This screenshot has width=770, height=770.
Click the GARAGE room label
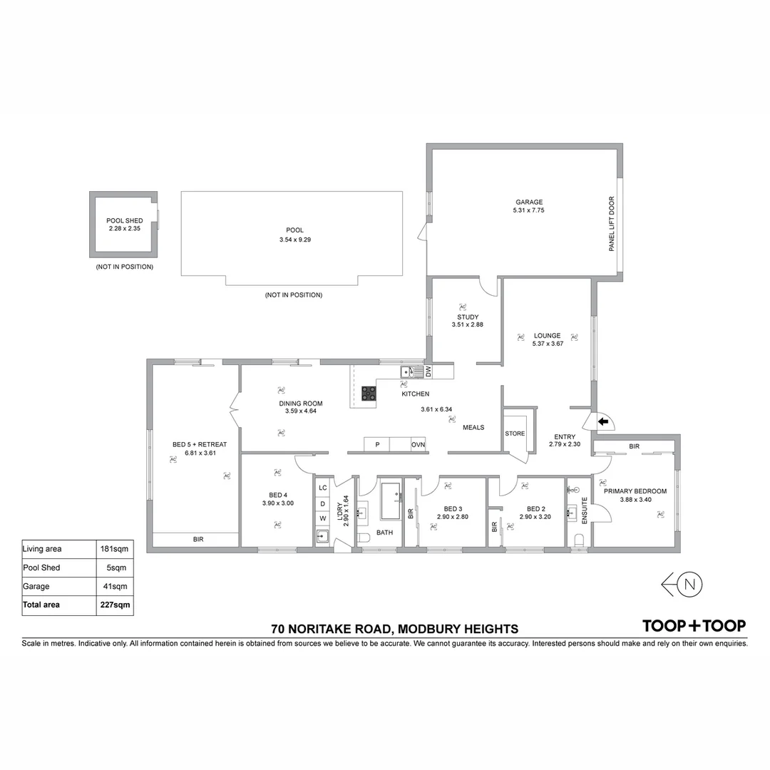click(528, 202)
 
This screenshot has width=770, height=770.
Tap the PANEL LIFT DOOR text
click(611, 224)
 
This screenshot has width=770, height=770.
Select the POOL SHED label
click(124, 220)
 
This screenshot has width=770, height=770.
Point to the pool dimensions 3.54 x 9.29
click(295, 240)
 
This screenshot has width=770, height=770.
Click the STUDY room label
click(468, 317)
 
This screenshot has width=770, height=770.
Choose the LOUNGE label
click(548, 336)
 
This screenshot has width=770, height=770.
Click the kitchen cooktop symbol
click(369, 393)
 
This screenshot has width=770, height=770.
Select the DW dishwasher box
click(428, 371)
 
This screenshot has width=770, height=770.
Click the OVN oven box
click(418, 445)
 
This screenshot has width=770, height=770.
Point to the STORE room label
click(515, 433)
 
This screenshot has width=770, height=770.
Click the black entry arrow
click(603, 421)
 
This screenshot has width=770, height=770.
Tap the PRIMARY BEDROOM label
click(635, 491)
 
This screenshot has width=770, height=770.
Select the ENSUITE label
click(585, 510)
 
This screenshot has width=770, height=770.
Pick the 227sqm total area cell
click(115, 605)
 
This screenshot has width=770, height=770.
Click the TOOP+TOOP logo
click(694, 626)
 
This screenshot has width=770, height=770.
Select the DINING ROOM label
click(300, 404)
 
